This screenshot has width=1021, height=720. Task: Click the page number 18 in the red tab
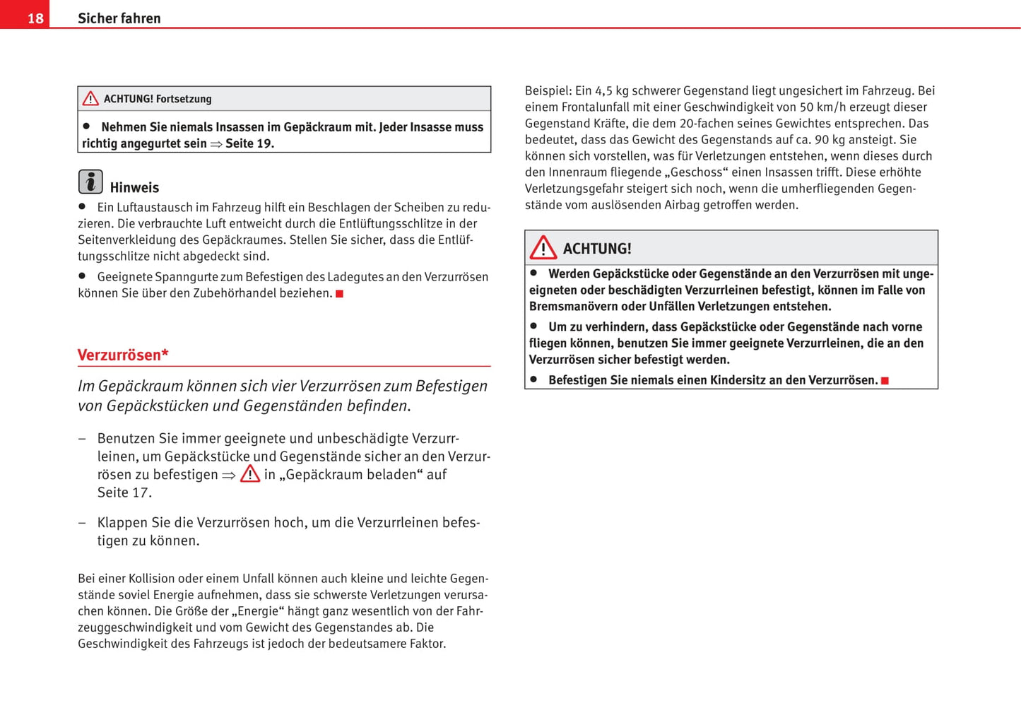point(35,18)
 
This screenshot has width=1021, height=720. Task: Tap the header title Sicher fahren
point(119,18)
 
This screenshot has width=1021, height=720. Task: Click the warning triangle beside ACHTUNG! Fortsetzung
point(90,99)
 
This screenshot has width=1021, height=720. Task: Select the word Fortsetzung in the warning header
point(184,99)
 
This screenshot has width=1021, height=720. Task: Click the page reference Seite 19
point(249,143)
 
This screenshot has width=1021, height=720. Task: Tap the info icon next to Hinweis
point(90,182)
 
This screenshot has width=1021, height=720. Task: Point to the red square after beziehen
point(339,294)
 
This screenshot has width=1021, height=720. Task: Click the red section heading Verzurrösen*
point(123,355)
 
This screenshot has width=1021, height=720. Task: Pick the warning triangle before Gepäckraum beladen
point(250,474)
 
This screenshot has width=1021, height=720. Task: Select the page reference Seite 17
point(124,492)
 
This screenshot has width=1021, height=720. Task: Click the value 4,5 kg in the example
point(612,90)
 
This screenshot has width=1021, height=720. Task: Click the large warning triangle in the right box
point(543,248)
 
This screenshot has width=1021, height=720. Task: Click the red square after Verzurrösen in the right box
point(885,381)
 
